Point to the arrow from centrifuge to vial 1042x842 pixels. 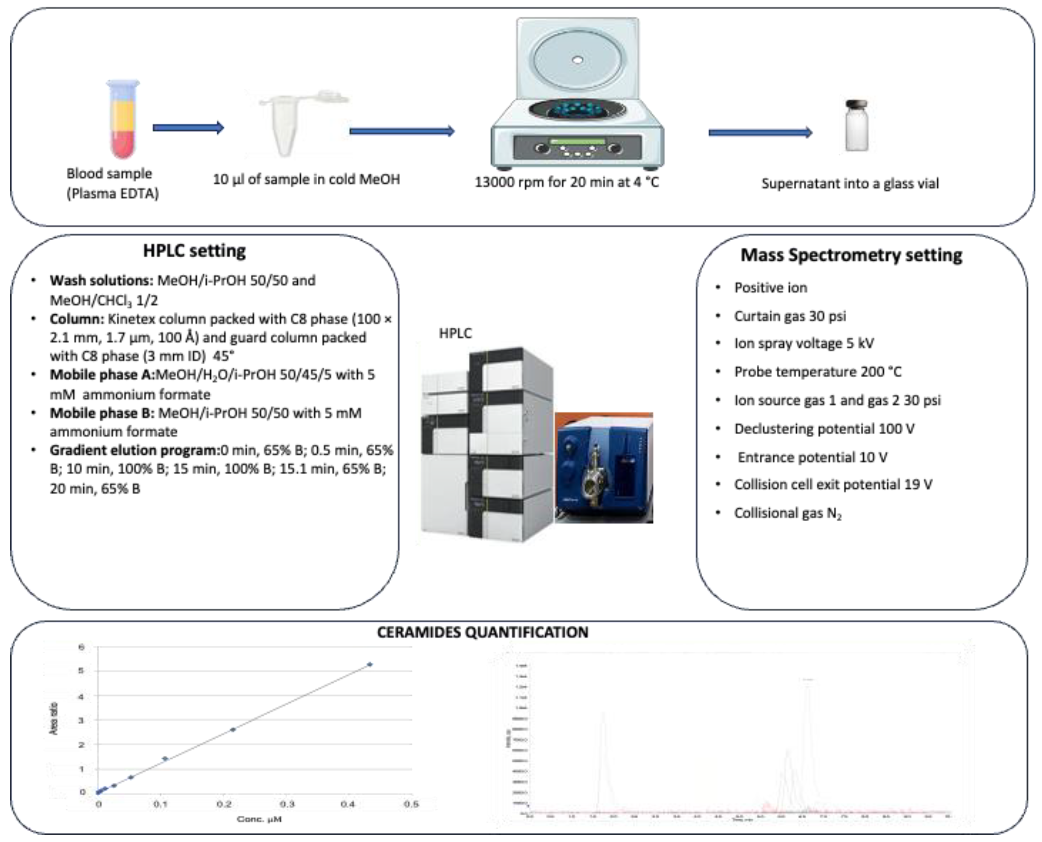(x=760, y=132)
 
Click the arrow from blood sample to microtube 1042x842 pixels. (x=188, y=128)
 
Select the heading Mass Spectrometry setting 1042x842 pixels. (x=851, y=255)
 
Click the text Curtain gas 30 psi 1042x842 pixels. (x=789, y=316)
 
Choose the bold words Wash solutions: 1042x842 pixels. (x=101, y=280)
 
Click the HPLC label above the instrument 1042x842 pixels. (x=455, y=333)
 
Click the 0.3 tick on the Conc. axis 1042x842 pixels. (x=287, y=804)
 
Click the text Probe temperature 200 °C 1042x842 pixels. (x=818, y=372)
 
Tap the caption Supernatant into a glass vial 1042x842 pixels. (x=850, y=184)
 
